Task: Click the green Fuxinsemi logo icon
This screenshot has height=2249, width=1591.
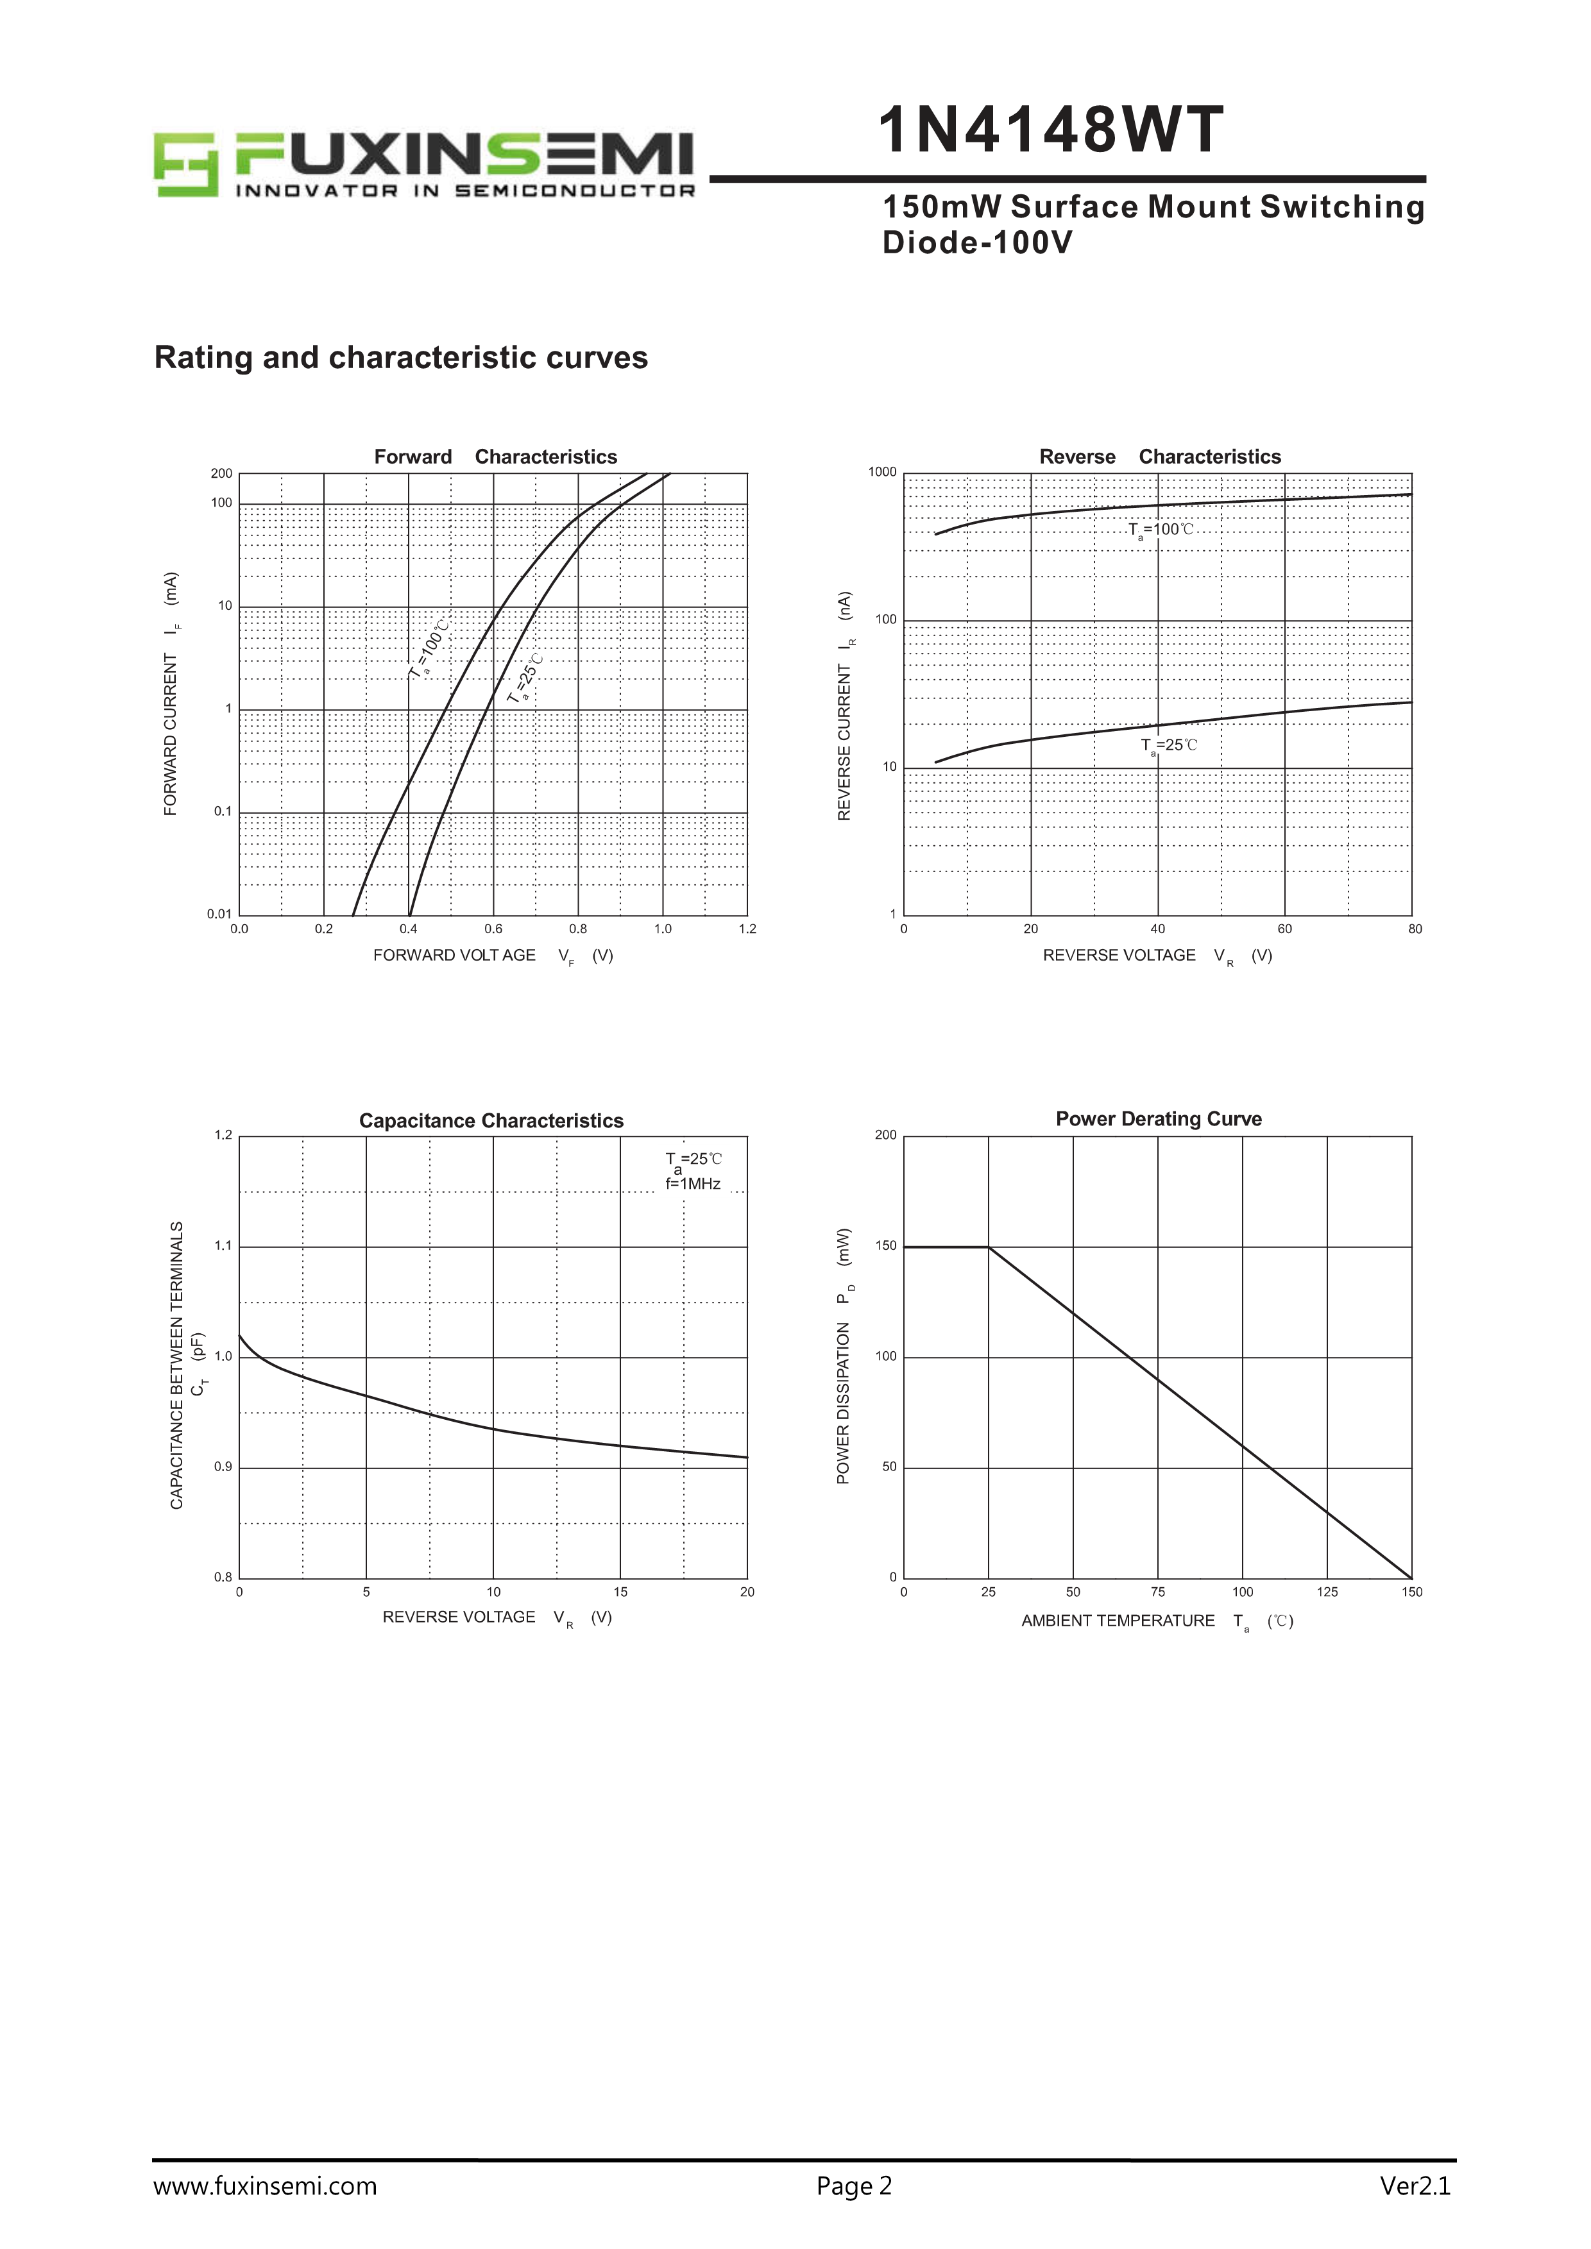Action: [x=186, y=165]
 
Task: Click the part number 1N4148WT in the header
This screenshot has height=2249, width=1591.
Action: [x=1050, y=131]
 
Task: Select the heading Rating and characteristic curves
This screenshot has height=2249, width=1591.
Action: [x=401, y=358]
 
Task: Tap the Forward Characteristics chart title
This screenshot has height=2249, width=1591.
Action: [x=496, y=457]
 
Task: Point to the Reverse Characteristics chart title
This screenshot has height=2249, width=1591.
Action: [x=1160, y=457]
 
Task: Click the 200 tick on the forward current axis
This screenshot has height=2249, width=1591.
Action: [x=221, y=474]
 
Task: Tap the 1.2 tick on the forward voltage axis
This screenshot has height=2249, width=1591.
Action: [x=747, y=929]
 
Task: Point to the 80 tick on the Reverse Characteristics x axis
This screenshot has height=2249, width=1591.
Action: [x=1415, y=929]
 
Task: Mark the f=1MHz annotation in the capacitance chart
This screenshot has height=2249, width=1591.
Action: [x=693, y=1184]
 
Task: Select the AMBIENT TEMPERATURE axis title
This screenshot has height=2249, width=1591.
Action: [x=1118, y=1621]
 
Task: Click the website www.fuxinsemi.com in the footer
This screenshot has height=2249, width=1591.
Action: [x=264, y=2186]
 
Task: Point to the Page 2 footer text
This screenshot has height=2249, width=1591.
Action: [x=855, y=2186]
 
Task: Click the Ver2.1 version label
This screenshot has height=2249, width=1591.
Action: [x=1415, y=2186]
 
